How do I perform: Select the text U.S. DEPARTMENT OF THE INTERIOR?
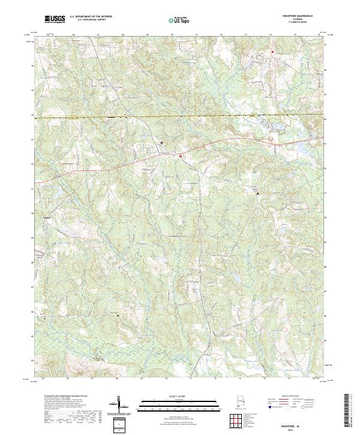[x=91, y=17]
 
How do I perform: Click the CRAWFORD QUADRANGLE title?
[x=298, y=16]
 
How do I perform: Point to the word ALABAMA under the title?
[x=298, y=19]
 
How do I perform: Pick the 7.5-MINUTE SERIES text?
[x=298, y=22]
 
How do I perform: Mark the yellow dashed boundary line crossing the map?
[x=180, y=115]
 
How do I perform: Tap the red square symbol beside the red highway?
[x=181, y=157]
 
